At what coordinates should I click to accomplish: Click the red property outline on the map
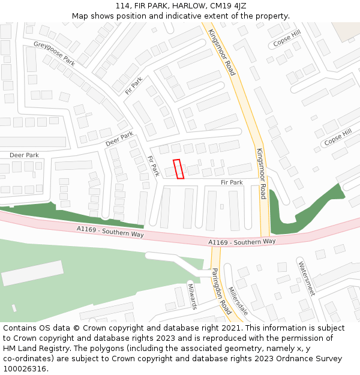pyautogui.click(x=178, y=169)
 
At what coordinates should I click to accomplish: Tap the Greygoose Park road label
pyautogui.click(x=54, y=53)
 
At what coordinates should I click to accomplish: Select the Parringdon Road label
pyautogui.click(x=221, y=291)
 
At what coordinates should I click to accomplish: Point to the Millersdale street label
pyautogui.click(x=238, y=300)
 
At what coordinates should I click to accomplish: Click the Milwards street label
pyautogui.click(x=193, y=296)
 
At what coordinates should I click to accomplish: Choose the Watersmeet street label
pyautogui.click(x=306, y=278)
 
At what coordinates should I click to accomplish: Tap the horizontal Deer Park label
pyautogui.click(x=24, y=155)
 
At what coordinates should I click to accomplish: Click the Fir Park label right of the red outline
pyautogui.click(x=232, y=182)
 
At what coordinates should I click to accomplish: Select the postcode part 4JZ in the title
pyautogui.click(x=238, y=6)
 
